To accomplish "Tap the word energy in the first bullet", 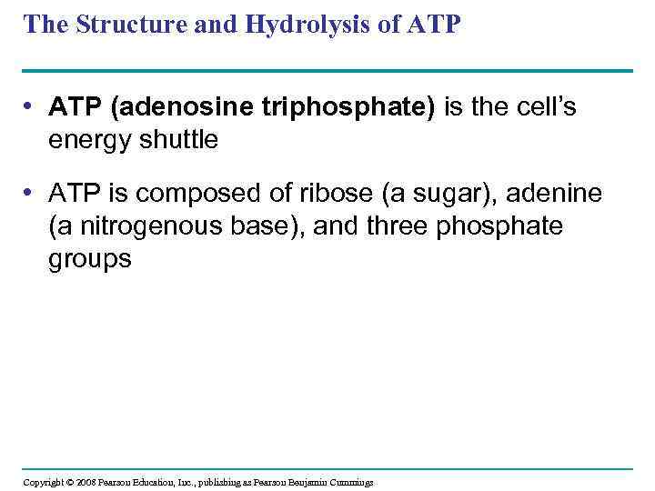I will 86,139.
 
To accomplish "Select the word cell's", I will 543,108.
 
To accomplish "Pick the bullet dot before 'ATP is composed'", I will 32,193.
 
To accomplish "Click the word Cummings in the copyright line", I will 349,482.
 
